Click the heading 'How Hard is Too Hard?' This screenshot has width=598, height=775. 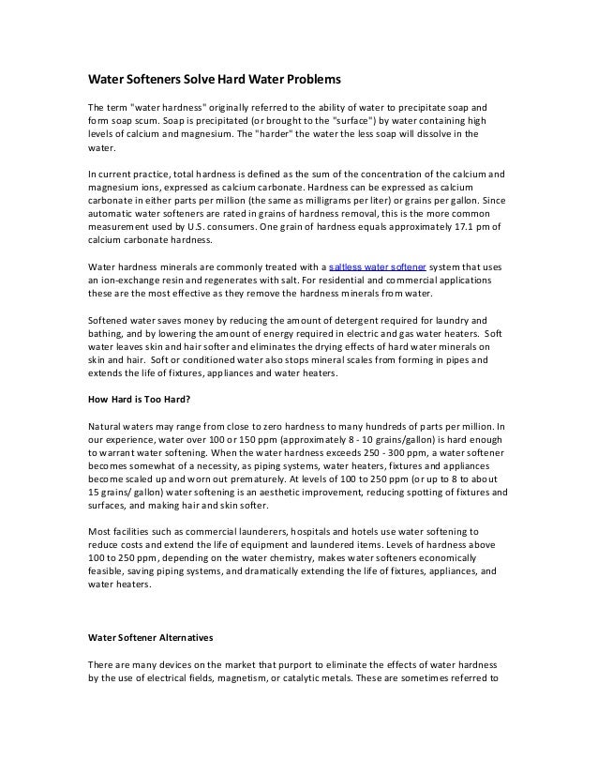[139, 398]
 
